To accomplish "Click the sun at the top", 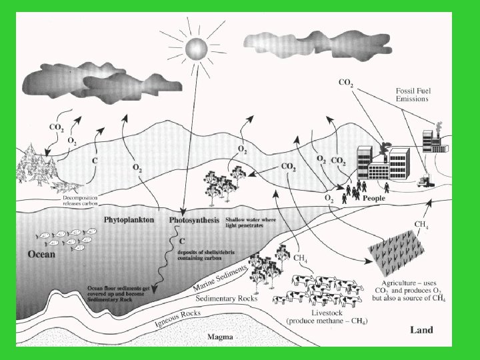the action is pos(196,48).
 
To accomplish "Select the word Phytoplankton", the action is pos(129,219).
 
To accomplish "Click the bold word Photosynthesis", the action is pos(194,219).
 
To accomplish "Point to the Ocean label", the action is pos(41,254).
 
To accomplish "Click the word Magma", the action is pos(219,337).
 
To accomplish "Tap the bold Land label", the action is pos(421,329).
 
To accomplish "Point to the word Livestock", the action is pos(330,313).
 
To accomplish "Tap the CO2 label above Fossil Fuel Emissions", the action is pos(347,83).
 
